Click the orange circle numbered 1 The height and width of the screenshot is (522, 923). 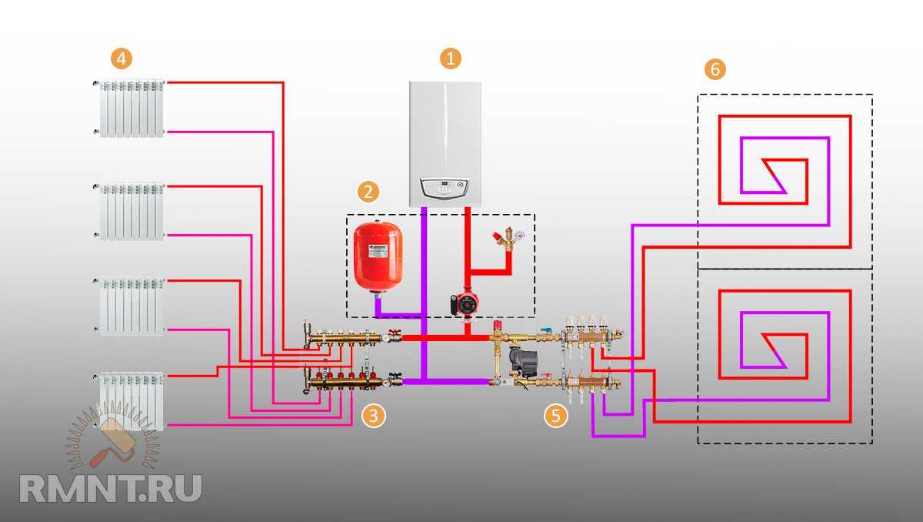(x=450, y=59)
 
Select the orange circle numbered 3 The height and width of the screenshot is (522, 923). (x=373, y=416)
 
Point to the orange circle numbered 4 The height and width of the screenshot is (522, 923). (x=120, y=58)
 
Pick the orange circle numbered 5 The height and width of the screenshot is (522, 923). (x=555, y=416)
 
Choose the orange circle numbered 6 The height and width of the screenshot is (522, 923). (x=715, y=69)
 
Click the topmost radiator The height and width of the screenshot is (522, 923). (x=131, y=108)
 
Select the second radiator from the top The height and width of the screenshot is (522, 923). (x=131, y=210)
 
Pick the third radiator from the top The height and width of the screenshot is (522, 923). (x=131, y=306)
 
